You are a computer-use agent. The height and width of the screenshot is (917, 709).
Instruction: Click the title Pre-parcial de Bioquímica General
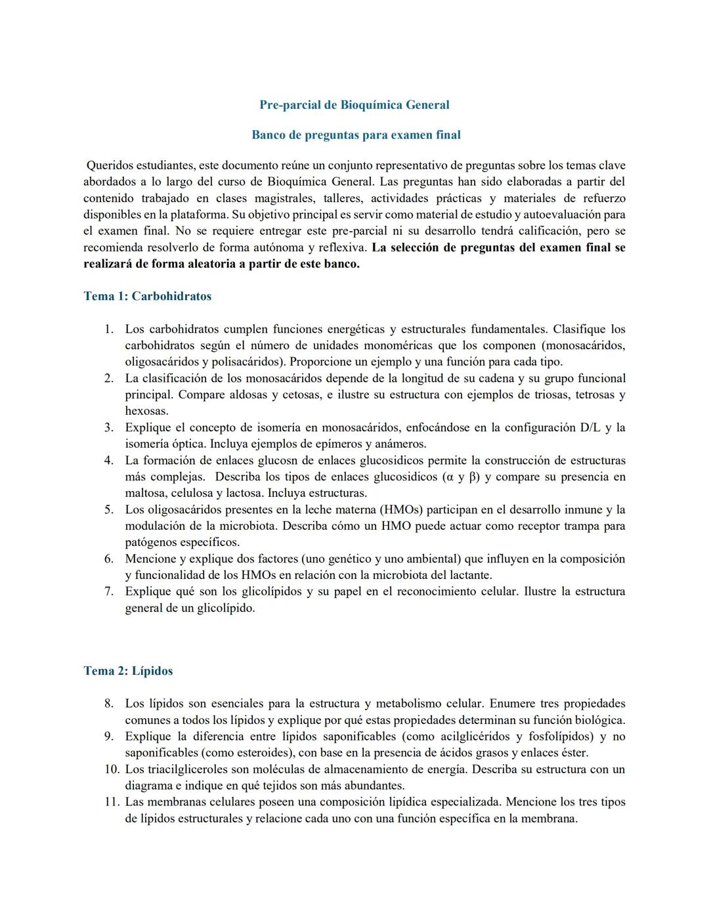click(x=354, y=105)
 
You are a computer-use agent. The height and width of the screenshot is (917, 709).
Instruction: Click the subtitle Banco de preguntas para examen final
click(x=356, y=135)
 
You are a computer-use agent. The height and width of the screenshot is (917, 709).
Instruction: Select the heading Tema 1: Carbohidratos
click(x=148, y=296)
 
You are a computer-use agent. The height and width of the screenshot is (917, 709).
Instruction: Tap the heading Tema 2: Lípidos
click(x=128, y=671)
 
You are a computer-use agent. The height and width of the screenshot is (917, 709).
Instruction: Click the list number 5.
click(x=109, y=510)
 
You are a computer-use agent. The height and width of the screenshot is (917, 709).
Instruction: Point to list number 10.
click(x=112, y=769)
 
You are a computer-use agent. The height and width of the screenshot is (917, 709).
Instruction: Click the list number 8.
click(x=109, y=704)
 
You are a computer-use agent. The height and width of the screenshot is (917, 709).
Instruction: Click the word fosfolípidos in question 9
click(x=559, y=736)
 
